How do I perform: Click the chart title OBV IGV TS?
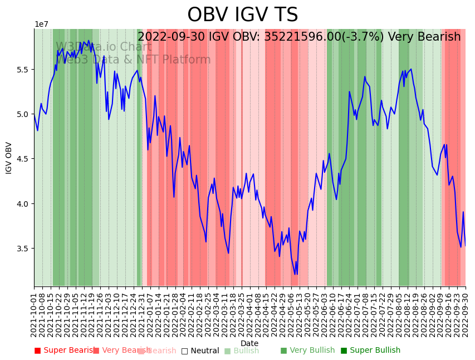point(242,15)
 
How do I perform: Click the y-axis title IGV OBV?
point(9,158)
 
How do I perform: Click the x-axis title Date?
point(249,343)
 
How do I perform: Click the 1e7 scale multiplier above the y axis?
point(41,25)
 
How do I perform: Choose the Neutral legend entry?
point(200,351)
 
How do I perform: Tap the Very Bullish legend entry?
point(307,351)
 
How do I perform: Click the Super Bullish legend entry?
point(370,351)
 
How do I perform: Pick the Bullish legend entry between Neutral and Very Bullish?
point(242,351)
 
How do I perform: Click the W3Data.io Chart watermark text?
point(104,47)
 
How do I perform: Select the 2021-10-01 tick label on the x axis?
point(34,313)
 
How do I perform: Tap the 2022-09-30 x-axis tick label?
point(466,313)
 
